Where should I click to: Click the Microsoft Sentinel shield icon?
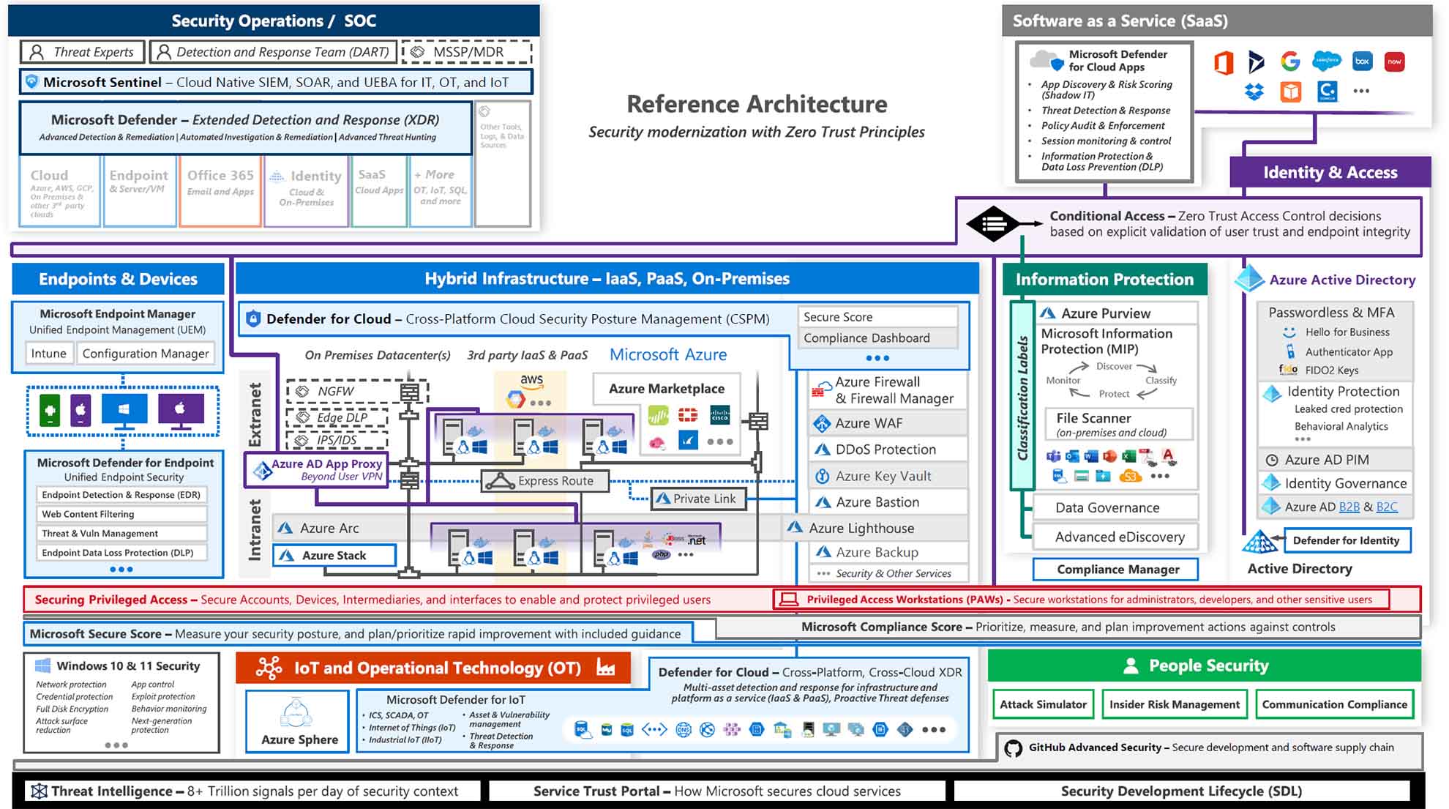pyautogui.click(x=31, y=82)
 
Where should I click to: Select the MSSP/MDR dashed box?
pyautogui.click(x=467, y=52)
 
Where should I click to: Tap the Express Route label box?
pyautogui.click(x=545, y=481)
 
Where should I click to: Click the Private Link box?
pyautogui.click(x=698, y=499)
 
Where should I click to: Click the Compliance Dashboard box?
pyautogui.click(x=876, y=338)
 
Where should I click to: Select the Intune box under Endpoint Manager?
pyautogui.click(x=48, y=354)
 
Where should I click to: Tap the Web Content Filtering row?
pyautogui.click(x=121, y=514)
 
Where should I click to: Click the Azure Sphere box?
pyautogui.click(x=298, y=722)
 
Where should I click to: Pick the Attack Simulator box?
pyautogui.click(x=1043, y=704)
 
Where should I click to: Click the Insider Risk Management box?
pyautogui.click(x=1174, y=704)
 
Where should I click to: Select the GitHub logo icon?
pyautogui.click(x=1013, y=748)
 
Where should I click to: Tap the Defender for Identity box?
pyautogui.click(x=1346, y=540)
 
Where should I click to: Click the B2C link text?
pyautogui.click(x=1386, y=507)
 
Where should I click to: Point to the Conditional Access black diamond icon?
pyautogui.click(x=992, y=224)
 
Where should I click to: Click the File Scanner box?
pyautogui.click(x=1117, y=424)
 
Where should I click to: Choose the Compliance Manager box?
pyautogui.click(x=1117, y=569)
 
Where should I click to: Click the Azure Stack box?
pyautogui.click(x=334, y=556)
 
